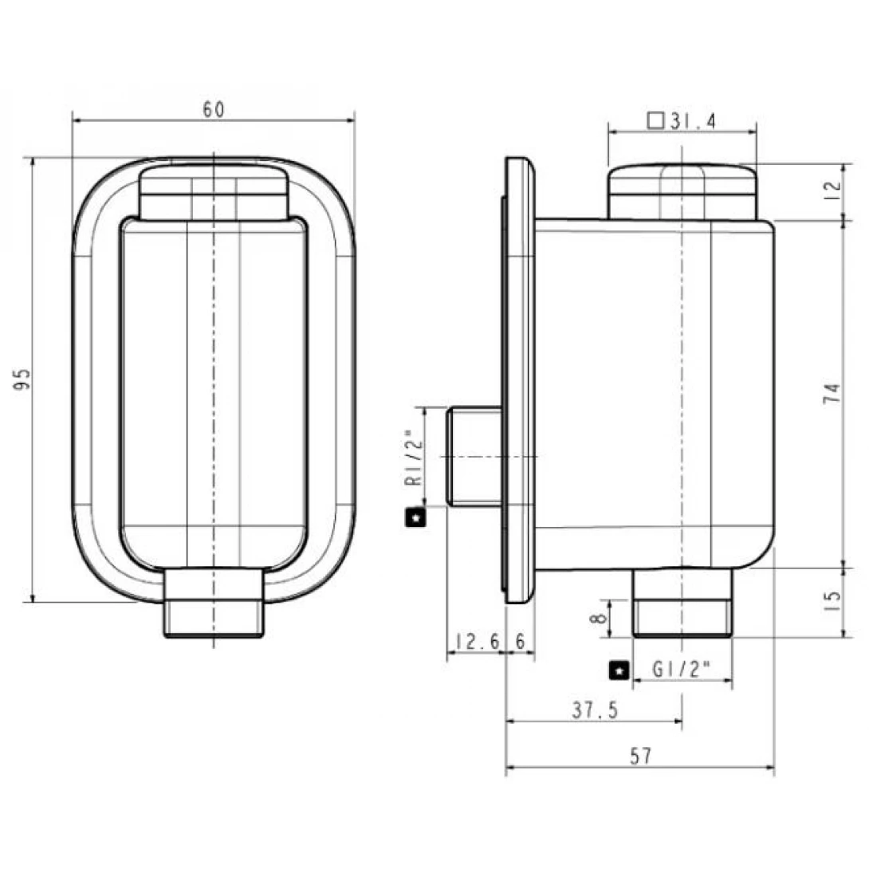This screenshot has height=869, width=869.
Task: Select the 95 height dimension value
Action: pos(23,379)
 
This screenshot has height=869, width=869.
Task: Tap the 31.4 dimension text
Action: pos(693,121)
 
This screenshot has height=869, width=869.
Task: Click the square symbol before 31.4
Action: pos(656,121)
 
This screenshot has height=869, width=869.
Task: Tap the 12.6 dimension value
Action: pos(477,642)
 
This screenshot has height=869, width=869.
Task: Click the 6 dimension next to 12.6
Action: pos(521,642)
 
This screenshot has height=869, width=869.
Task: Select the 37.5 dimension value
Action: pos(594,710)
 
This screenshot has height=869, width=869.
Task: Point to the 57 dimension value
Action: pos(640,756)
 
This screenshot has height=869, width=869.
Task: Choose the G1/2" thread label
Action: pos(681,670)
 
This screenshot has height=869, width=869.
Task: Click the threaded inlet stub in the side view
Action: pos(474,456)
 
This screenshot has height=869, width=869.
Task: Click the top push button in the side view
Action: pos(682,191)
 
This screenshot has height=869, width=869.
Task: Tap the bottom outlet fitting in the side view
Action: pos(682,604)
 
